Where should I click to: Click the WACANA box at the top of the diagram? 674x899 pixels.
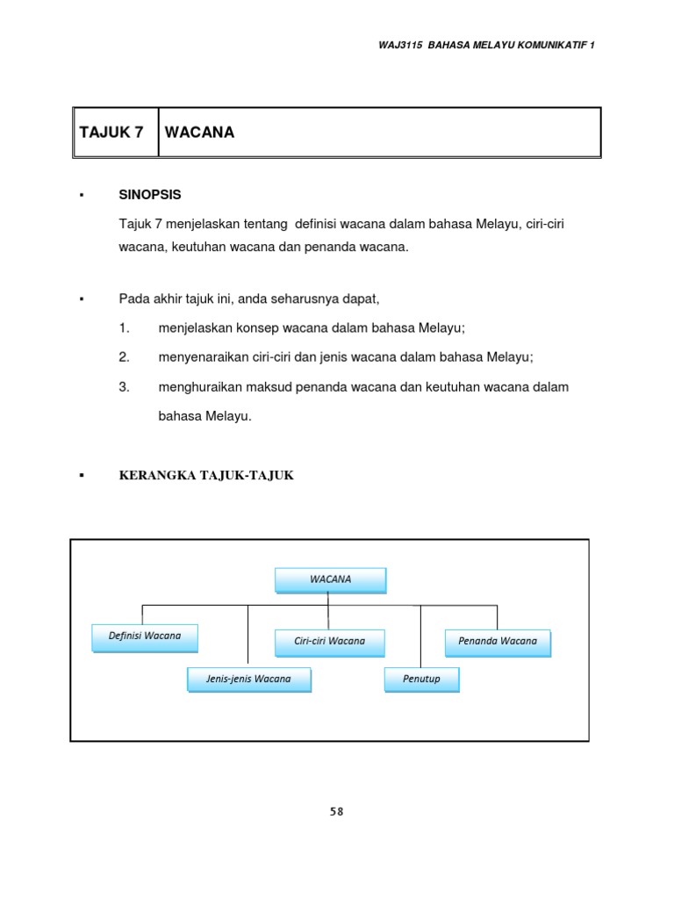330,579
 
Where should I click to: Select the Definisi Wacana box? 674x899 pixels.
145,636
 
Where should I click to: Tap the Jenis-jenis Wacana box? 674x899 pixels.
248,680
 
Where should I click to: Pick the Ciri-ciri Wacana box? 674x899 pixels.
330,641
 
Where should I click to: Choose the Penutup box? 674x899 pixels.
421,680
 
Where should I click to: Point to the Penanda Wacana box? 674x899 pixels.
498,641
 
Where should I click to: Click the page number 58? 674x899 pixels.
337,812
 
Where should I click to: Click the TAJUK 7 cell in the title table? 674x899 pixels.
111,133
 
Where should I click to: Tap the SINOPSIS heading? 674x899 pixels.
151,194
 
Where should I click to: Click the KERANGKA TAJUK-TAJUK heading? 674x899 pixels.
206,476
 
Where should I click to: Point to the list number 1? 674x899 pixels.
125,328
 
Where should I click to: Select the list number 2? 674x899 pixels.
125,357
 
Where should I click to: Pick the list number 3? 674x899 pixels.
125,387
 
